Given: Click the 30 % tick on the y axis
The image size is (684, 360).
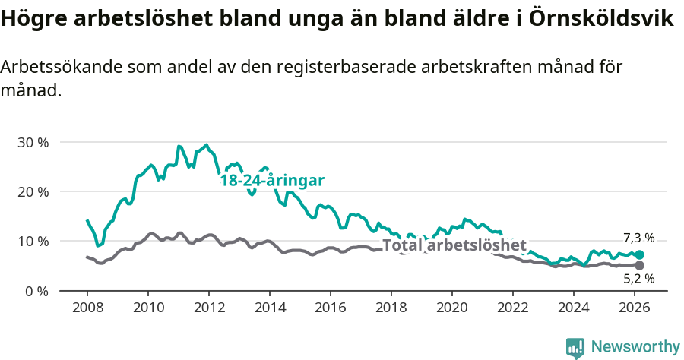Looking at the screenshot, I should [33, 143].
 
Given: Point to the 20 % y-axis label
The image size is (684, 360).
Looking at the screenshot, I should [33, 192].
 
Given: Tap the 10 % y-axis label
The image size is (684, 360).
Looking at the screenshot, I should [33, 242].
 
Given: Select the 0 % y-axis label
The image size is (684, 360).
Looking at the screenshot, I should [36, 291].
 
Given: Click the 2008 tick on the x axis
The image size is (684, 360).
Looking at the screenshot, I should [87, 307].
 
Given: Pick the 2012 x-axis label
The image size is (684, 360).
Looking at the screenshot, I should [209, 307].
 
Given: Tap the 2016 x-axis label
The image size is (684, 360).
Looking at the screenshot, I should [331, 307].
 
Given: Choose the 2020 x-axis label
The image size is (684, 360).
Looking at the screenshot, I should [452, 307].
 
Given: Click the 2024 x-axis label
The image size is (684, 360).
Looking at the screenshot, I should [574, 307].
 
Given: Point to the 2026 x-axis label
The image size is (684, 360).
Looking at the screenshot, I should [635, 307].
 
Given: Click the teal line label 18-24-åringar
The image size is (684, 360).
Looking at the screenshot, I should [272, 181].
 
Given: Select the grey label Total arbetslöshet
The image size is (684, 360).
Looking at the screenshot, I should [454, 245].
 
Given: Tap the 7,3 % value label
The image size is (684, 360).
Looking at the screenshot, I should [638, 238].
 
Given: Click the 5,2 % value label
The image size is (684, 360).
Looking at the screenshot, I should [638, 279].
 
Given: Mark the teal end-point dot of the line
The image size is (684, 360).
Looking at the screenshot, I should [639, 255].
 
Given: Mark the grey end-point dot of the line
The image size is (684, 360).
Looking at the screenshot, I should [639, 265].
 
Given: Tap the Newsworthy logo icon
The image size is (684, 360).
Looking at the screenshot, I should [575, 348].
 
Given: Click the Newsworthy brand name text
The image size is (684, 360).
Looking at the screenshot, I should [635, 347].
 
